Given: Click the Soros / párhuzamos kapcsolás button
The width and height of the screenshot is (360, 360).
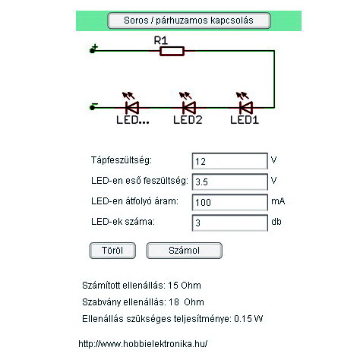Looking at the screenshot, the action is (189, 21).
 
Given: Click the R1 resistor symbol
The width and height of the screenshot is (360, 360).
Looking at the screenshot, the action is (172, 51).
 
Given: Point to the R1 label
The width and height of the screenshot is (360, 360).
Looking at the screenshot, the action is (161, 40).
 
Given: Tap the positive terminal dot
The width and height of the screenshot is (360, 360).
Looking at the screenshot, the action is (92, 51).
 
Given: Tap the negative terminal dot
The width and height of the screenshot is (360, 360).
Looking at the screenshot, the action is (92, 108).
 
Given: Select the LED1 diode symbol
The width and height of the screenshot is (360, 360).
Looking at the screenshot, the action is (246, 108).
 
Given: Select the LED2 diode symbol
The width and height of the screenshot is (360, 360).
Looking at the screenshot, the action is (189, 108).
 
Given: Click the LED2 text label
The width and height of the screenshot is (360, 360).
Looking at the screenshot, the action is (188, 120).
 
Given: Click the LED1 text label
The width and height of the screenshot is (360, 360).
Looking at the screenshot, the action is (245, 120).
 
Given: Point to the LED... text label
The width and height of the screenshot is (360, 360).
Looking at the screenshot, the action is (133, 120).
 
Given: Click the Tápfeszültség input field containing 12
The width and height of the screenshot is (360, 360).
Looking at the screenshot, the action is (230, 161).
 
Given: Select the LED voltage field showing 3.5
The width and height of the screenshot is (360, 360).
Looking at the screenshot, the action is (230, 182).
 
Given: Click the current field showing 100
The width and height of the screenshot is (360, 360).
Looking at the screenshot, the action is (230, 202).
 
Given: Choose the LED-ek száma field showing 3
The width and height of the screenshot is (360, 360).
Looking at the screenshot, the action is (230, 223).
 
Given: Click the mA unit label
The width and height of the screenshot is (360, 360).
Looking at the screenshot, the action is (278, 201).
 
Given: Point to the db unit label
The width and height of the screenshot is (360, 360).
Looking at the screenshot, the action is (276, 222).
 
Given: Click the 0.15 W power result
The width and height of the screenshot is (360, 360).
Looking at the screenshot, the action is (248, 319).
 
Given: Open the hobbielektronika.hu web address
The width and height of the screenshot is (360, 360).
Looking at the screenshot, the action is (143, 344).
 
